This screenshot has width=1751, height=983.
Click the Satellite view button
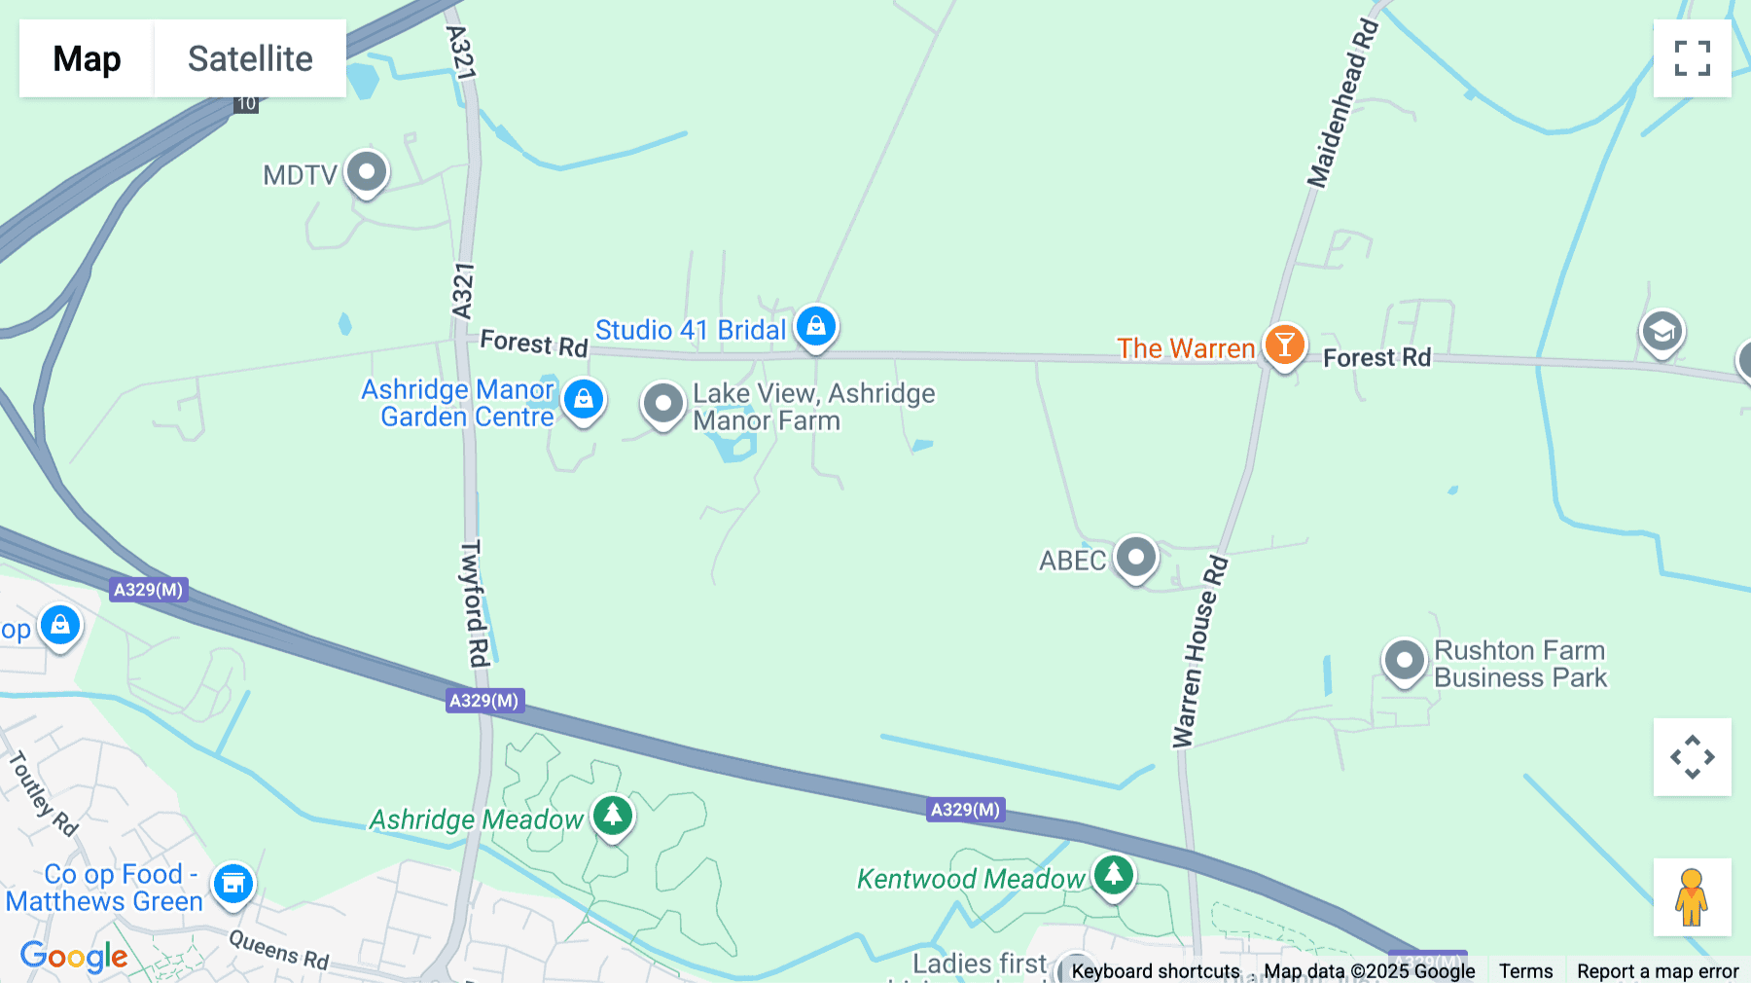(x=250, y=58)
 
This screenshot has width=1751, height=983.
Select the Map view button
(x=87, y=58)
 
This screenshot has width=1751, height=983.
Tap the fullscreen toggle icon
(x=1692, y=58)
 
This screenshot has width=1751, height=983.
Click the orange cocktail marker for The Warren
(x=1284, y=346)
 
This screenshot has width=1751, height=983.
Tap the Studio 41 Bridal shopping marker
(x=816, y=326)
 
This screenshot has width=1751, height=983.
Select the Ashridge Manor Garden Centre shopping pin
(x=584, y=399)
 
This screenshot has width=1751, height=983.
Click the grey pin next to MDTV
(x=367, y=172)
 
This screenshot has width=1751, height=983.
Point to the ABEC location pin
(x=1135, y=558)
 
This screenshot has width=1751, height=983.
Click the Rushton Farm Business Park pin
(x=1404, y=661)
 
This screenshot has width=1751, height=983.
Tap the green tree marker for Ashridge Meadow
(x=612, y=816)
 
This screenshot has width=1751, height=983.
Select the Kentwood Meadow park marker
(x=1113, y=875)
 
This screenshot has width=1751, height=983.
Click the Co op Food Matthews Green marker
(x=233, y=884)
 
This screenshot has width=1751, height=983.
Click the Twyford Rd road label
(x=474, y=603)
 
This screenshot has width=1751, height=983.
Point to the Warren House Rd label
(x=1199, y=652)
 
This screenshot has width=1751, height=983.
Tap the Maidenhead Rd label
(x=1342, y=103)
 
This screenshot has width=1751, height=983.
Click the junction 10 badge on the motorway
(x=246, y=103)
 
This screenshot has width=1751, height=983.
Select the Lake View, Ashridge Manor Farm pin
(x=663, y=403)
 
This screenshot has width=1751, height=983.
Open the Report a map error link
(x=1658, y=970)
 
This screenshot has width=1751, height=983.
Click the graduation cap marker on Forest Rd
(x=1662, y=332)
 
